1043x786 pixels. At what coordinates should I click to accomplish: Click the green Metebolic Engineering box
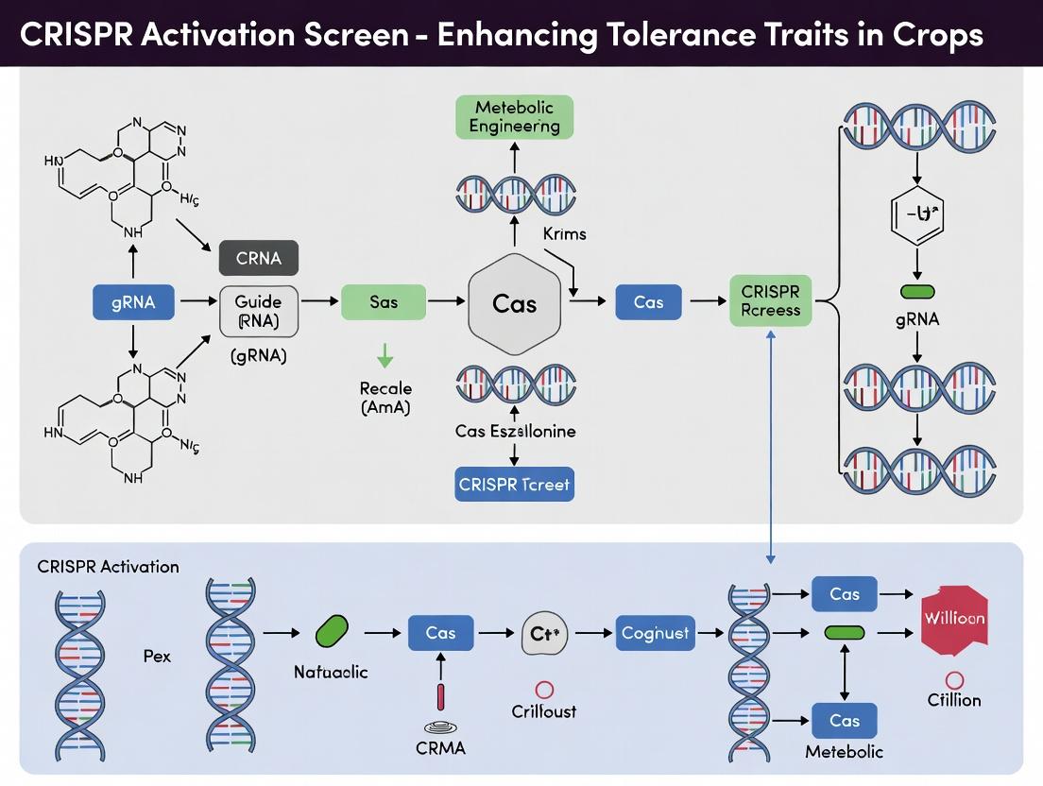pyautogui.click(x=515, y=117)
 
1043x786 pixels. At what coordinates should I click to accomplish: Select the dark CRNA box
pyautogui.click(x=259, y=257)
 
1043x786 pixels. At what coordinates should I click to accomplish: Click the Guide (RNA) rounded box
pyautogui.click(x=259, y=311)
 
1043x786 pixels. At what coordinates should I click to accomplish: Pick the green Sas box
pyautogui.click(x=384, y=302)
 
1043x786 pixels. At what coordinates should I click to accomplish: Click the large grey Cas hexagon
pyautogui.click(x=515, y=304)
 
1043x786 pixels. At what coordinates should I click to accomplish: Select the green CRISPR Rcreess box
pyautogui.click(x=770, y=300)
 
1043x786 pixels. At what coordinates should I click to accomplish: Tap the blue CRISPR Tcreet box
pyautogui.click(x=515, y=485)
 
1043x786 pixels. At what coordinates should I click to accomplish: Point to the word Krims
pyautogui.click(x=565, y=232)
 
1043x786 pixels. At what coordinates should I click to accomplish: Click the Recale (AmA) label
pyautogui.click(x=385, y=398)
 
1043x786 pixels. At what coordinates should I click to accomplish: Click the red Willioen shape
pyautogui.click(x=954, y=620)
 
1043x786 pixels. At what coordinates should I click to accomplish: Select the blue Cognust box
pyautogui.click(x=656, y=632)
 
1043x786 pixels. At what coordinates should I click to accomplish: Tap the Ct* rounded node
pyautogui.click(x=547, y=634)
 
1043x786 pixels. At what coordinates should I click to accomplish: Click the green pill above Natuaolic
pyautogui.click(x=330, y=631)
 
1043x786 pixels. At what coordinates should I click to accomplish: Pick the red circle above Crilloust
pyautogui.click(x=543, y=690)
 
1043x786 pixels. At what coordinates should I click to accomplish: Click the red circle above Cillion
pyautogui.click(x=954, y=679)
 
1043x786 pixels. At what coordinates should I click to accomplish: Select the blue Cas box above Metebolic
pyautogui.click(x=844, y=721)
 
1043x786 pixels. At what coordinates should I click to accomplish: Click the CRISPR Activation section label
pyautogui.click(x=108, y=567)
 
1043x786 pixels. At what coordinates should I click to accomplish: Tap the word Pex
pyautogui.click(x=157, y=655)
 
